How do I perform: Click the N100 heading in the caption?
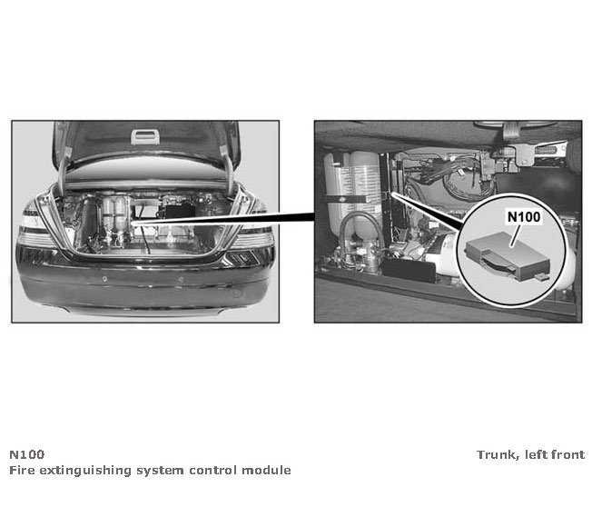click(x=27, y=454)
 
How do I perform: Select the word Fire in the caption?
click(x=22, y=470)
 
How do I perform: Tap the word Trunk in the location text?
click(x=496, y=454)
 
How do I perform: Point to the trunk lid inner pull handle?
click(x=145, y=137)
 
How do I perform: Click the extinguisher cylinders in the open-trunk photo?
click(x=114, y=222)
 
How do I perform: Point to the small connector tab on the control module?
click(x=542, y=277)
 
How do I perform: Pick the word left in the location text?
click(x=536, y=454)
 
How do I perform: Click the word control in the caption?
click(x=214, y=470)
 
